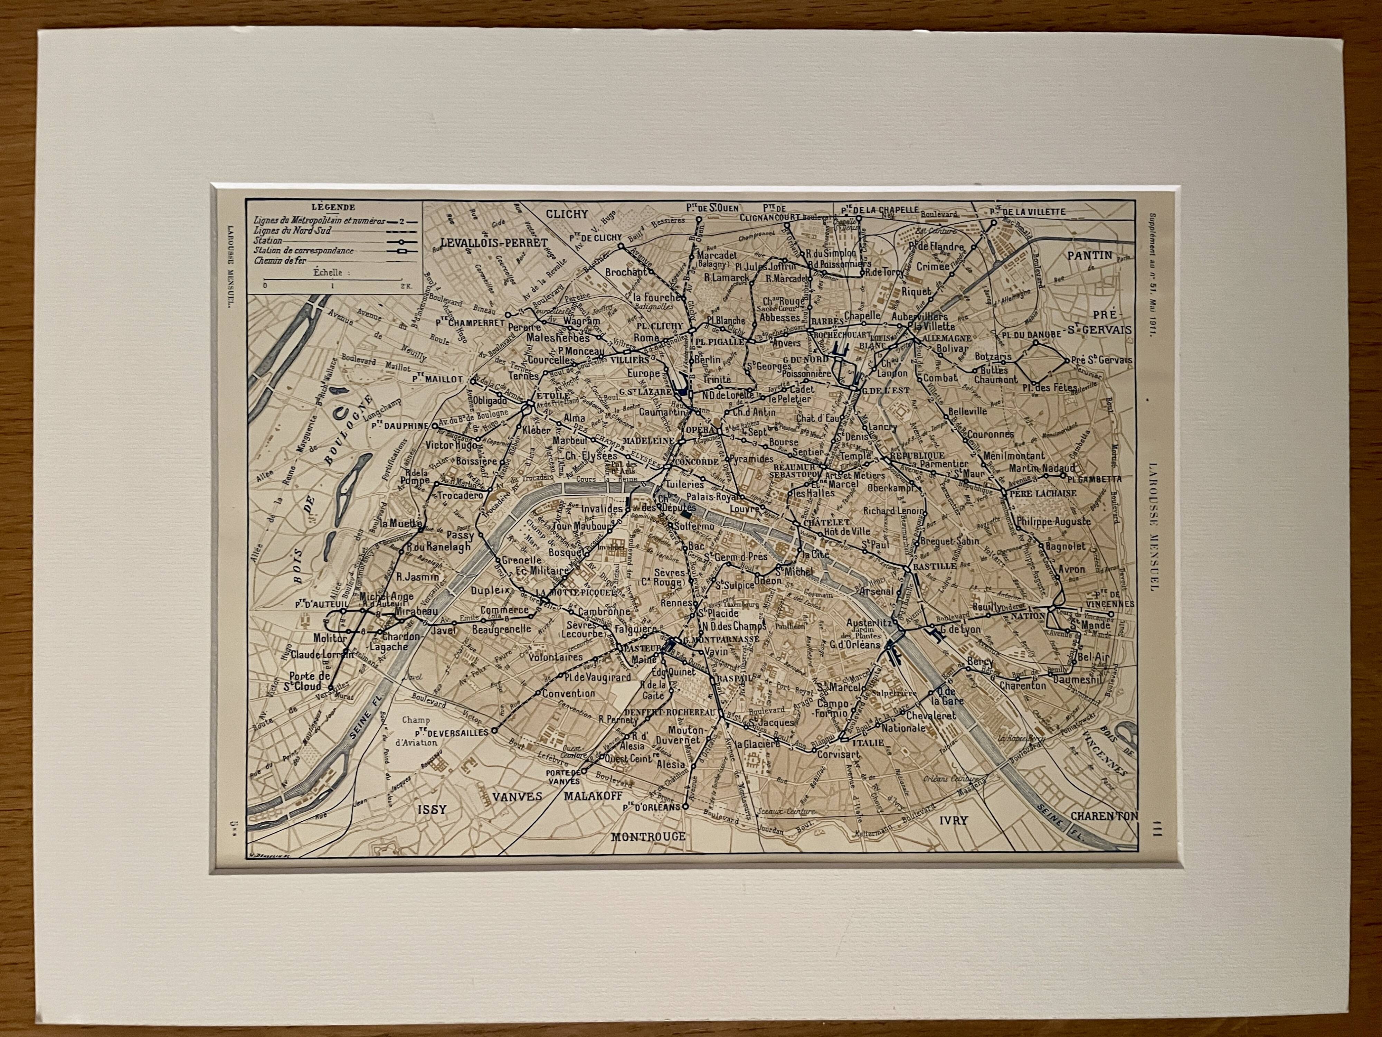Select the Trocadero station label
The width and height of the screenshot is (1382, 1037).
coord(461,495)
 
